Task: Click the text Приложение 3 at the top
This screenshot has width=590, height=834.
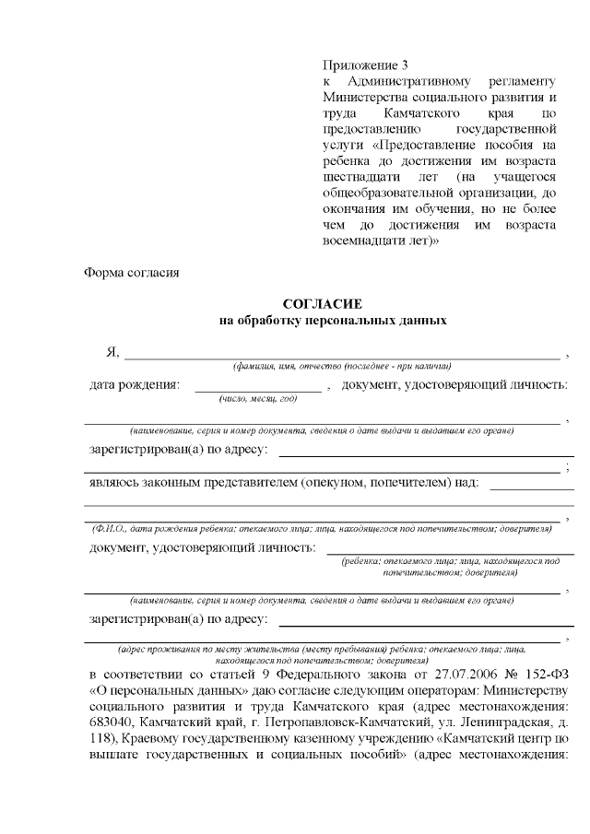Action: [x=365, y=65]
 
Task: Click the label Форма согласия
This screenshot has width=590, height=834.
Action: [x=130, y=273]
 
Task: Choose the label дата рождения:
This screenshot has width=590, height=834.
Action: [x=135, y=384]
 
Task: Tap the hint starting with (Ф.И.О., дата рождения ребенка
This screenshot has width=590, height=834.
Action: [x=321, y=529]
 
